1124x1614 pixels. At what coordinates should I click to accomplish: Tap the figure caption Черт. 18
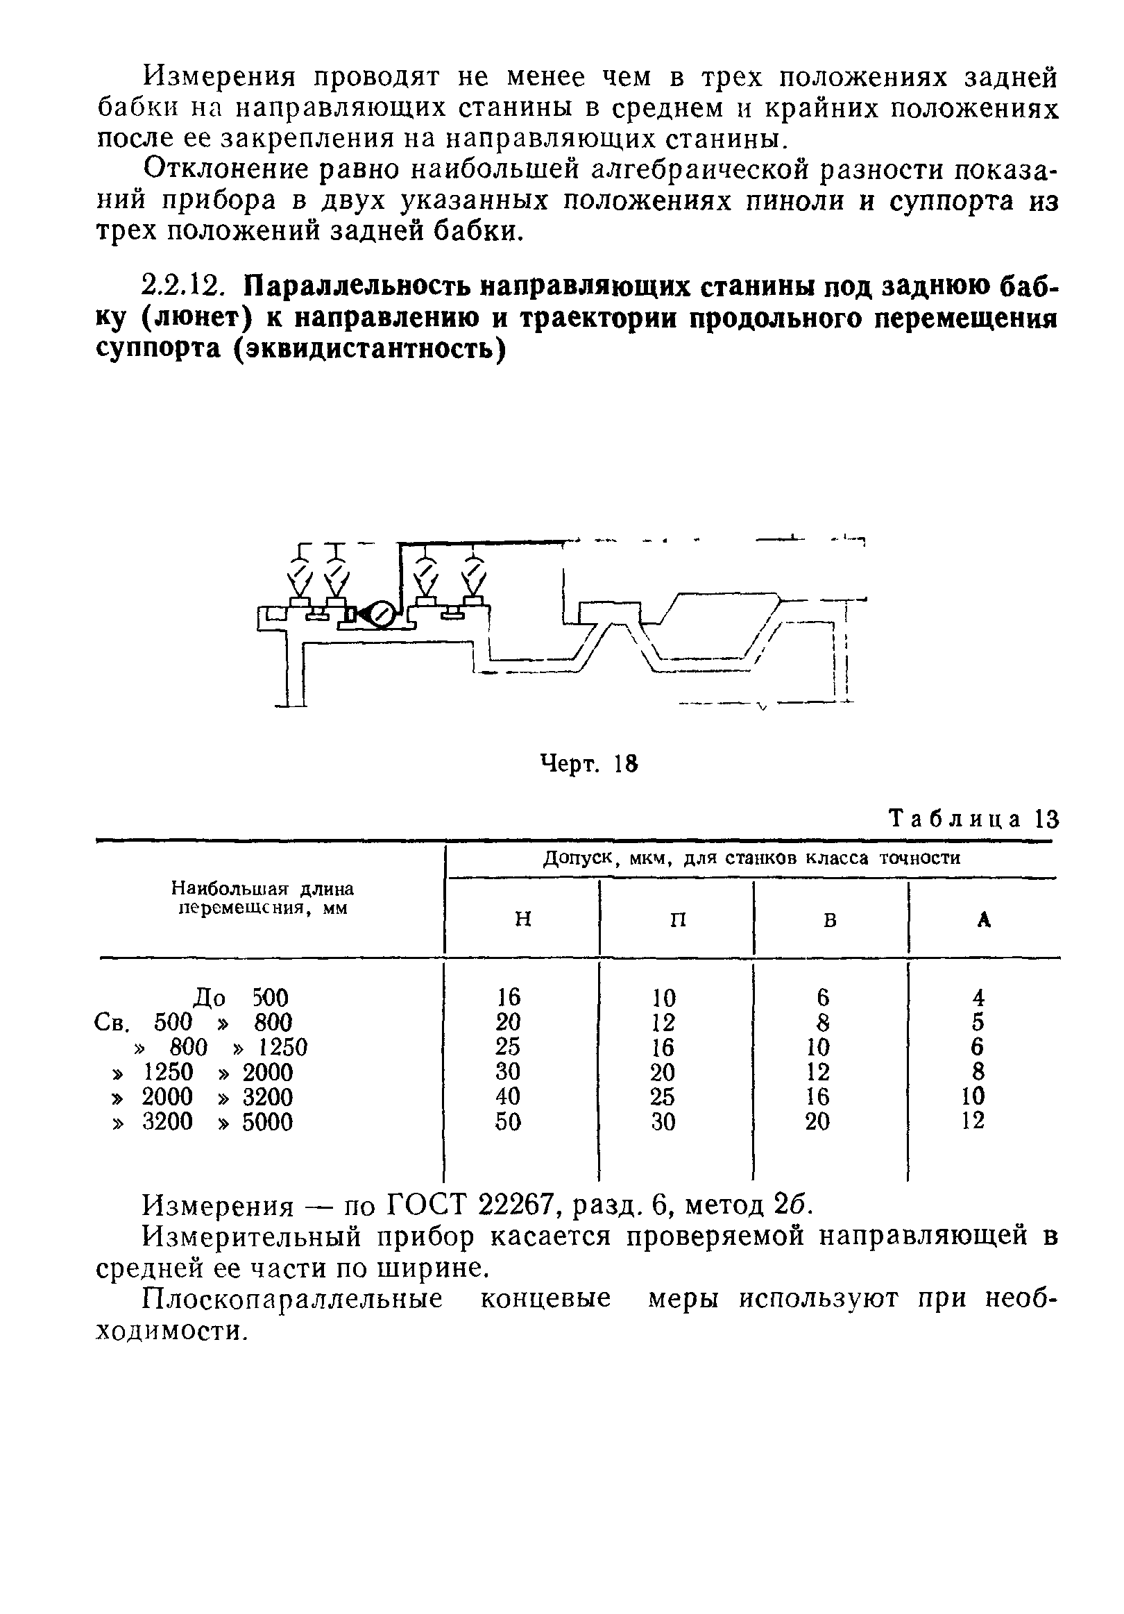point(588,763)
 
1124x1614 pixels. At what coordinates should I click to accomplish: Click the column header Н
point(522,919)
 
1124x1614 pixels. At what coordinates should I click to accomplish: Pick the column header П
point(677,919)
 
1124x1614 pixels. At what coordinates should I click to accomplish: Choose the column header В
point(831,919)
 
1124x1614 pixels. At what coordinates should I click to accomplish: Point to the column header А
point(984,919)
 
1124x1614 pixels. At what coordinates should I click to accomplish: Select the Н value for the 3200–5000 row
point(507,1121)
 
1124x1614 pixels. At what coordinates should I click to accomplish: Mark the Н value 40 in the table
point(507,1096)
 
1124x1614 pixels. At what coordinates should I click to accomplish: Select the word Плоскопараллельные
point(293,1298)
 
